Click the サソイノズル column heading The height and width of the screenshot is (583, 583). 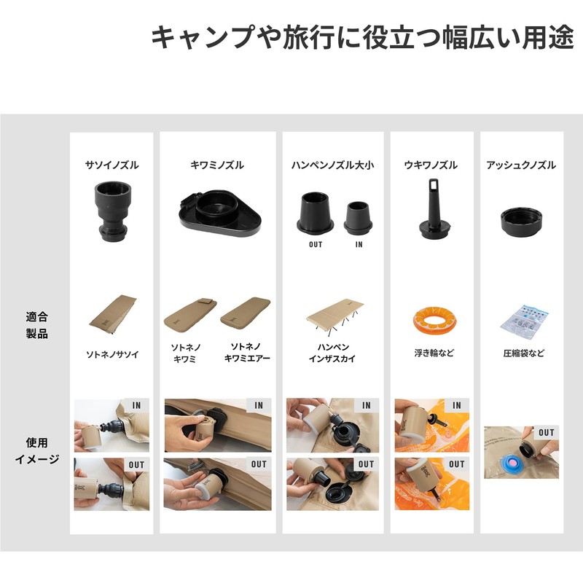[x=111, y=165]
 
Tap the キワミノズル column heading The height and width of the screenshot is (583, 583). [x=217, y=165]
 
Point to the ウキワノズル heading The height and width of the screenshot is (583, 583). [x=431, y=165]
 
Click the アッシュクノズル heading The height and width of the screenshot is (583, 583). [x=521, y=165]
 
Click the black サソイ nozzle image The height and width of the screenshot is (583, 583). [x=111, y=209]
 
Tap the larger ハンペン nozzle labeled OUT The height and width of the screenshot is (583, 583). [x=316, y=213]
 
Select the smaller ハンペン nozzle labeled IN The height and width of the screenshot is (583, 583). [x=359, y=217]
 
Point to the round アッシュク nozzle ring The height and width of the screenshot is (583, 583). [x=521, y=220]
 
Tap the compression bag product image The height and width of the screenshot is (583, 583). [x=523, y=319]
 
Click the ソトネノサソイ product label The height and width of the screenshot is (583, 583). [x=111, y=355]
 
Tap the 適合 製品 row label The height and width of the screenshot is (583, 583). [x=36, y=326]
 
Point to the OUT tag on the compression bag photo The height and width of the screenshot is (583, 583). [x=546, y=433]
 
